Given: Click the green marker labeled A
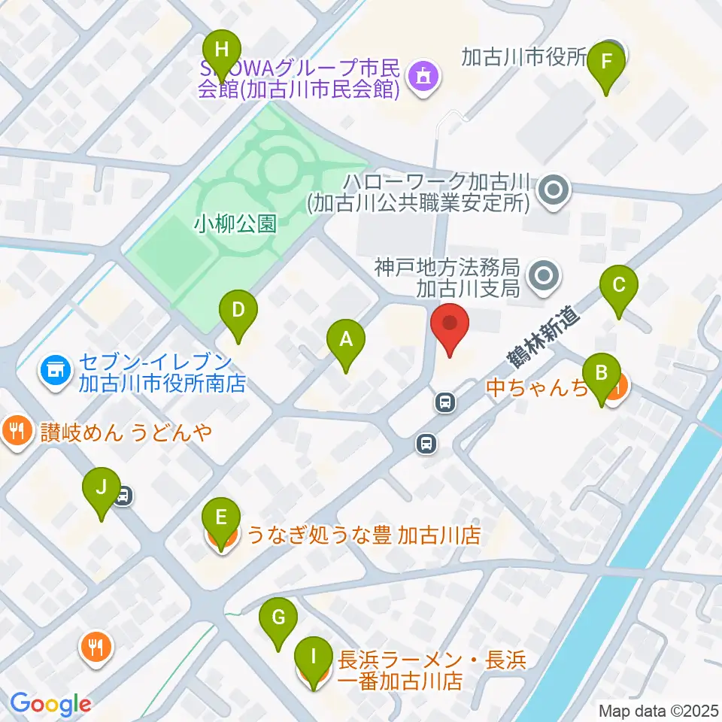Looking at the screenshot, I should (346, 341).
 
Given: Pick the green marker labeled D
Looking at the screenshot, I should (238, 311).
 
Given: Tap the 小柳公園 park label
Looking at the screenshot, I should (235, 223).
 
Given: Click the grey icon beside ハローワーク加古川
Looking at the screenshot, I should (555, 191).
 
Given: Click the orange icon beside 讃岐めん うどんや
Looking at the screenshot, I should (17, 432).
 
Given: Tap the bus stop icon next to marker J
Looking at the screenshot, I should (124, 496).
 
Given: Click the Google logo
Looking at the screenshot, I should (51, 704).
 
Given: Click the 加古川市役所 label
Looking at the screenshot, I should (523, 57).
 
